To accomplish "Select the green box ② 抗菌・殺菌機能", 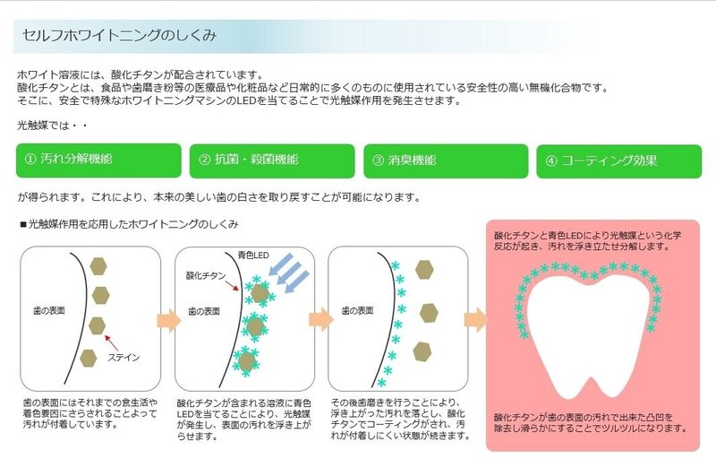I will point(271,160).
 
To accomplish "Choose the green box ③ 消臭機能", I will point(444,160).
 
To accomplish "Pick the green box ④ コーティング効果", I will point(617,161).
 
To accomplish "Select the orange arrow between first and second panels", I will point(165,319).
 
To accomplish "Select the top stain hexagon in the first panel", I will point(99,266).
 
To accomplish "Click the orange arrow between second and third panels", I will point(320,319).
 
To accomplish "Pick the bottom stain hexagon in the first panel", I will point(89,358).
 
